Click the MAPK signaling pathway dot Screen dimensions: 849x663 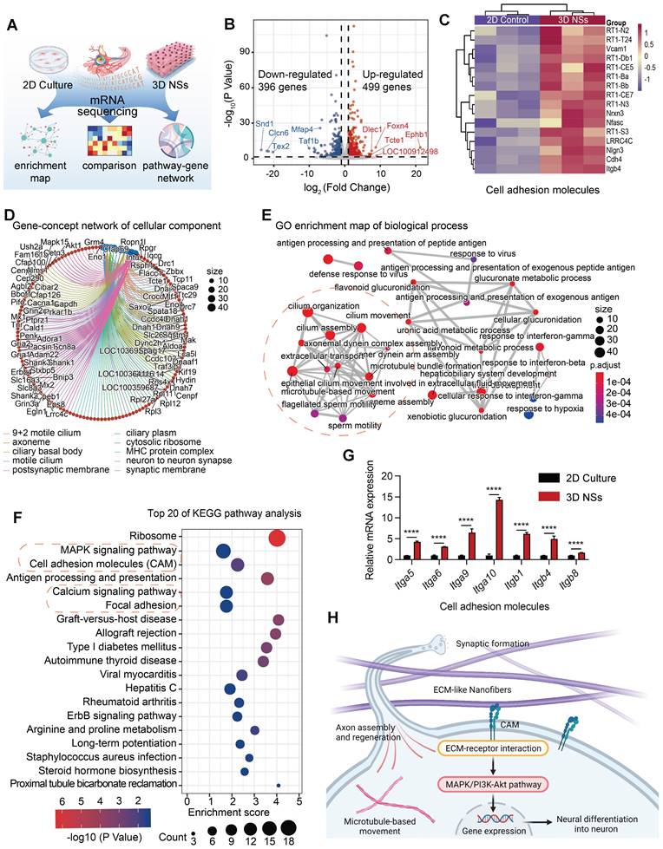click(x=222, y=552)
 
